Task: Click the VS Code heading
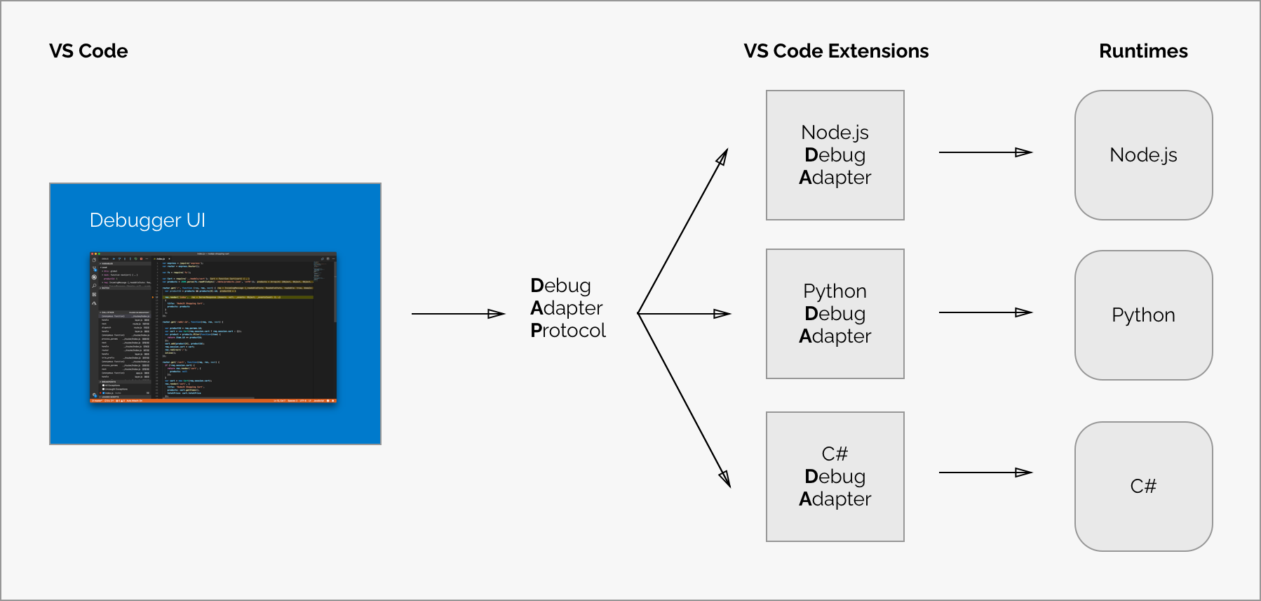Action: click(88, 51)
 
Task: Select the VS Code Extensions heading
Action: click(836, 51)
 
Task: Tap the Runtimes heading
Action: click(1143, 51)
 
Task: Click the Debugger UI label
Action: click(147, 220)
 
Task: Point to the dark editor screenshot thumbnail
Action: click(213, 327)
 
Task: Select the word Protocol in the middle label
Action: click(568, 331)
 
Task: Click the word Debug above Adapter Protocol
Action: click(560, 286)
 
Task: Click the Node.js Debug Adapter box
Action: click(835, 155)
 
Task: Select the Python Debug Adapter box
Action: click(835, 314)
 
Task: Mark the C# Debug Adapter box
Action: click(835, 477)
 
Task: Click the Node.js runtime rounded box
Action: click(1143, 155)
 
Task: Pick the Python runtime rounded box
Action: click(1143, 315)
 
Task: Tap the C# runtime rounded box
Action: click(1143, 487)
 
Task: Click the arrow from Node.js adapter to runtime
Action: click(985, 152)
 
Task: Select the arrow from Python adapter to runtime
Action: click(985, 312)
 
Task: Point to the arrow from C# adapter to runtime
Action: click(985, 473)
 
